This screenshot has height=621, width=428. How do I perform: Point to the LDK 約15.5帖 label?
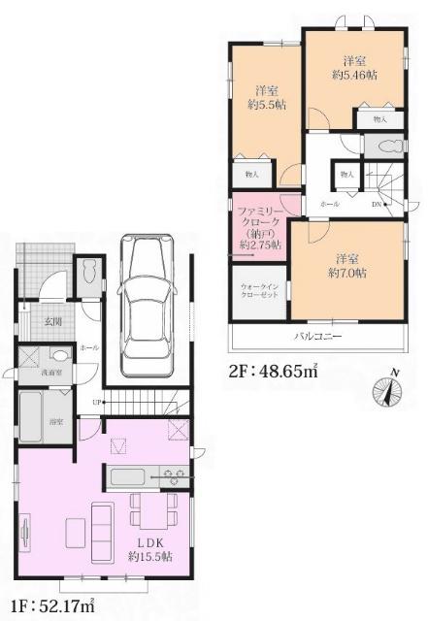(148, 549)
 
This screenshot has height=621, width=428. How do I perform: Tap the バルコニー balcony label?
(317, 337)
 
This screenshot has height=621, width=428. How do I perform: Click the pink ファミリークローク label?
(257, 226)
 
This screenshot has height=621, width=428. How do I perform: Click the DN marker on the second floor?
(379, 205)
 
